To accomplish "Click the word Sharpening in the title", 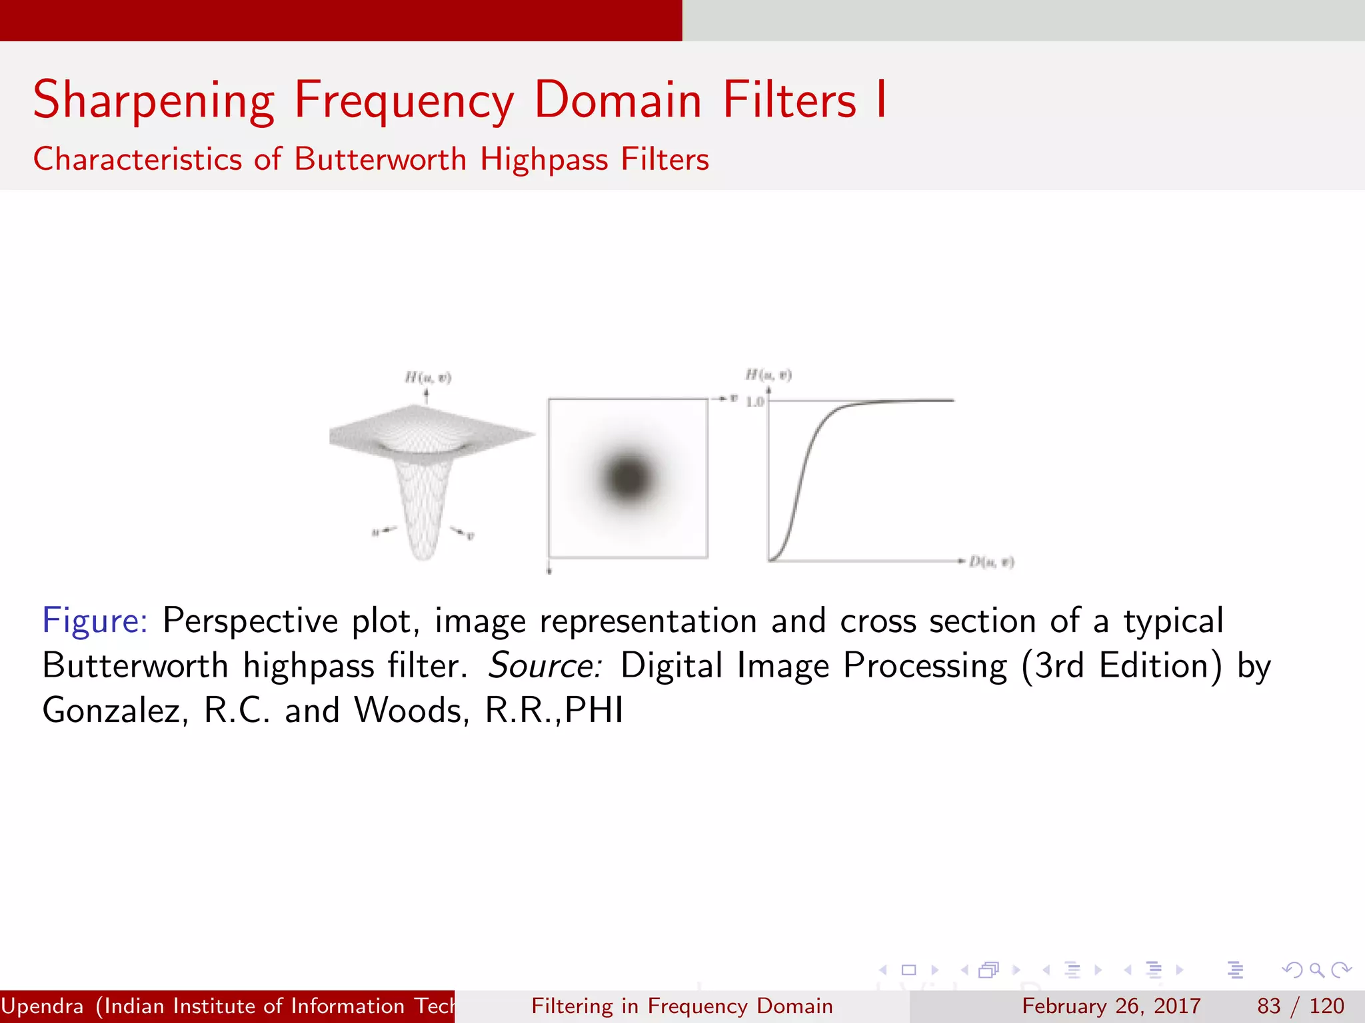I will coord(153,100).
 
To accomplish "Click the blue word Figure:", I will coord(95,621).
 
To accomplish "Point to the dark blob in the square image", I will coord(628,477).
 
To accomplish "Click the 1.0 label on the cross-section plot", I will coord(754,402).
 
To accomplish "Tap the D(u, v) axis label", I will coord(991,562).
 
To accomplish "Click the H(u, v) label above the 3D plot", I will coord(428,378).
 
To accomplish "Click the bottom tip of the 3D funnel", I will coord(423,555).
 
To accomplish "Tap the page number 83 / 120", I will coord(1300,1006).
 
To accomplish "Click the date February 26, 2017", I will coord(1111,1006).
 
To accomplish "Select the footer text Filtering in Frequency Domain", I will coord(682,1006).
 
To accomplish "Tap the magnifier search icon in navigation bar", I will coord(1316,970).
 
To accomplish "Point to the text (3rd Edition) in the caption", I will coord(1122,665).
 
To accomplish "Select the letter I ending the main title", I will coord(881,100).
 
